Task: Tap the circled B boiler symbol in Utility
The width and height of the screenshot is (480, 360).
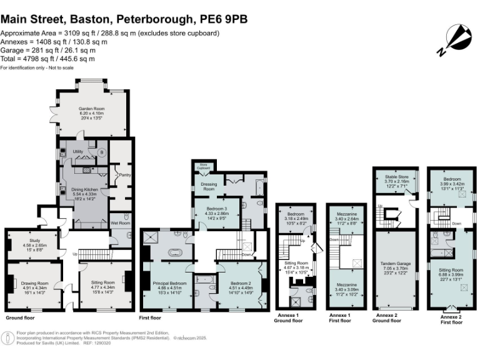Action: tap(92, 151)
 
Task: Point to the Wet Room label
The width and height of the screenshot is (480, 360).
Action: tap(119, 222)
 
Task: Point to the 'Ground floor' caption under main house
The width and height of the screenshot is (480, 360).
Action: tap(19, 316)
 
